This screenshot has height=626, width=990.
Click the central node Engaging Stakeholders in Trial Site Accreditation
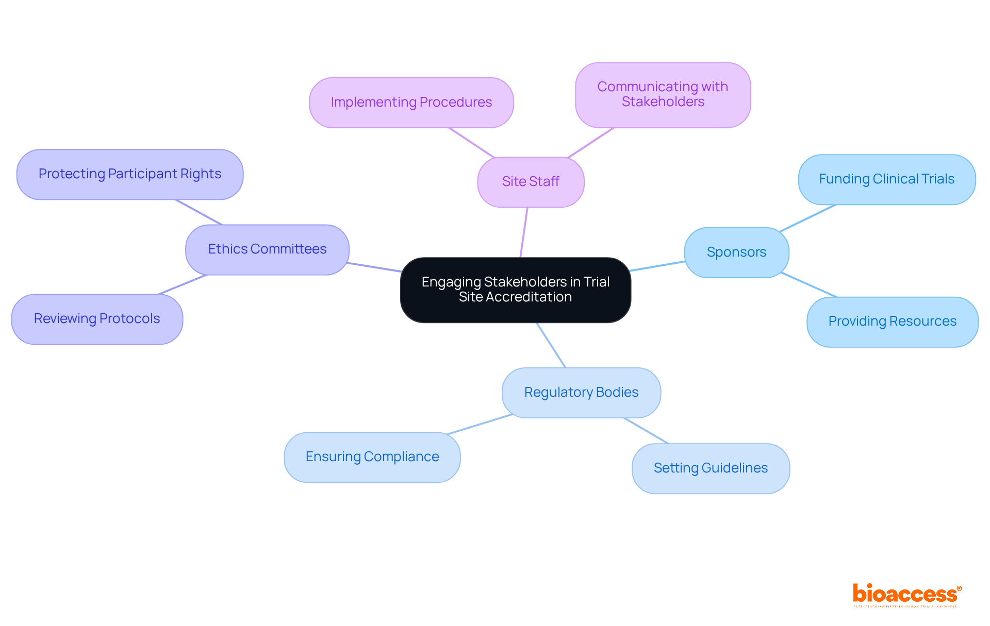pyautogui.click(x=515, y=290)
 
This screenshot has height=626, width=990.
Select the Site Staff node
pyautogui.click(x=531, y=182)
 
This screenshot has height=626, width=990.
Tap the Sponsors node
pyautogui.click(x=736, y=252)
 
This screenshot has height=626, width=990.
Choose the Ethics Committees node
pyautogui.click(x=267, y=249)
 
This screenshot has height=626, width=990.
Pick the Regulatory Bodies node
pyautogui.click(x=581, y=393)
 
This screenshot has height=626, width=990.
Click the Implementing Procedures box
pyautogui.click(x=411, y=103)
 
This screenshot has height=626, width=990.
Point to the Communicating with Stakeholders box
pyautogui.click(x=663, y=95)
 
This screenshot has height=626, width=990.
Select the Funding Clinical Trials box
pyautogui.click(x=886, y=179)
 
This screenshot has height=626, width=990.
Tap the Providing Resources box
pyautogui.click(x=892, y=322)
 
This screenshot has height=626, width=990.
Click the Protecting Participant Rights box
pyautogui.click(x=129, y=174)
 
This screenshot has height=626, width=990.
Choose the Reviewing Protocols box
pyautogui.click(x=97, y=319)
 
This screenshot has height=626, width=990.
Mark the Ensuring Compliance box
pyautogui.click(x=372, y=457)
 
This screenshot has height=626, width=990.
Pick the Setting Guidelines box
pyautogui.click(x=711, y=468)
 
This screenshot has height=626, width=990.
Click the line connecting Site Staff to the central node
pyautogui.click(x=524, y=232)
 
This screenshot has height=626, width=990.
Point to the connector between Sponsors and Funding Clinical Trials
pyautogui.click(x=808, y=218)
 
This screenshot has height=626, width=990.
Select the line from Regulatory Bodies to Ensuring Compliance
pyautogui.click(x=480, y=424)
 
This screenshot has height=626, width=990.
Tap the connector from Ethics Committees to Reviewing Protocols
pyautogui.click(x=183, y=284)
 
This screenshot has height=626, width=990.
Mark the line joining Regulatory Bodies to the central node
pyautogui.click(x=551, y=345)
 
